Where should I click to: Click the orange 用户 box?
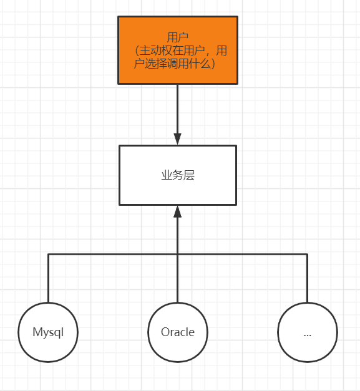[x=178, y=50]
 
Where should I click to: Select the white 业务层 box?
[x=178, y=175]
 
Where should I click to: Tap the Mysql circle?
[x=48, y=332]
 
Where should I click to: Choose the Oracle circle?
[x=178, y=332]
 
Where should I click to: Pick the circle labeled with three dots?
[x=308, y=332]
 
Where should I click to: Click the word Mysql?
[x=48, y=332]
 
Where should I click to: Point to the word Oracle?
[x=178, y=332]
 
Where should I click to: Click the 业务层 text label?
[x=178, y=175]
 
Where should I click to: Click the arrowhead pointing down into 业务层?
[x=177, y=138]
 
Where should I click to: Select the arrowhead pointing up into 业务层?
[x=177, y=211]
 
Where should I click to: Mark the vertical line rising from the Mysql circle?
[x=48, y=278]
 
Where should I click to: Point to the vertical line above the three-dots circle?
[x=307, y=278]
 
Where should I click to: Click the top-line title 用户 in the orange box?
[x=178, y=37]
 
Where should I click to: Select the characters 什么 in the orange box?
[x=200, y=64]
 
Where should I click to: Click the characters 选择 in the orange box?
[x=156, y=64]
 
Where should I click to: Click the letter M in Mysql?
[x=37, y=332]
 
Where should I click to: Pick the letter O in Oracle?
[x=166, y=332]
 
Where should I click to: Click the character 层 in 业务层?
[x=189, y=175]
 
